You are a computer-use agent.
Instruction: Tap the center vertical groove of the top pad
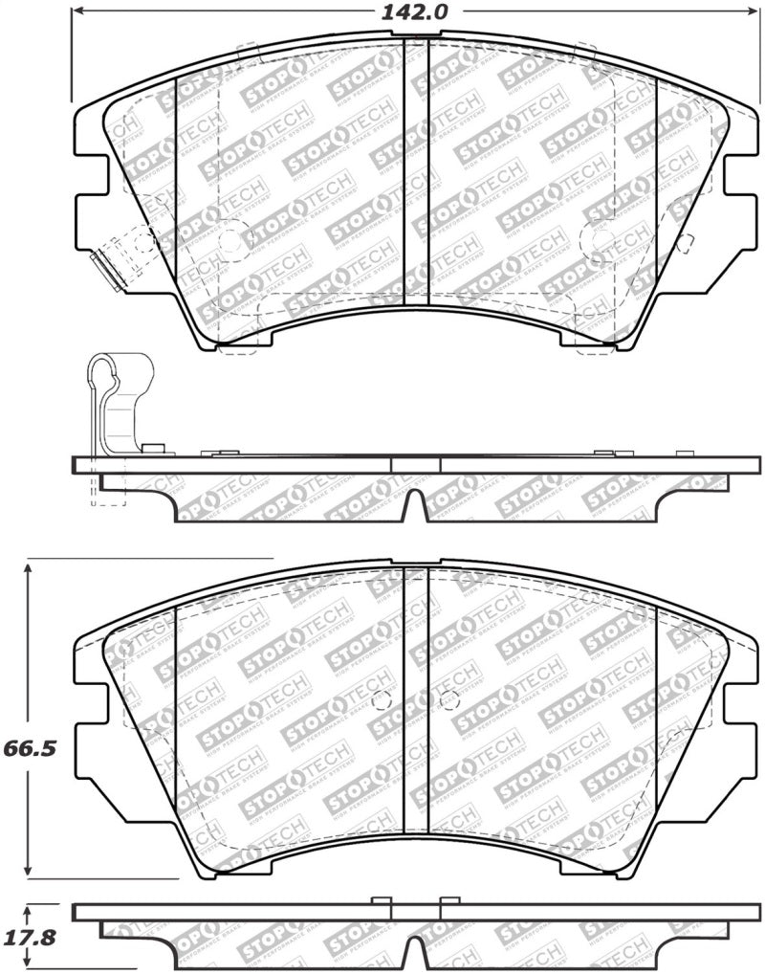point(416,172)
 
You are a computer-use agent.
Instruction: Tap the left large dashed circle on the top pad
point(233,240)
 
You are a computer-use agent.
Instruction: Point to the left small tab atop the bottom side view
point(381,900)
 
